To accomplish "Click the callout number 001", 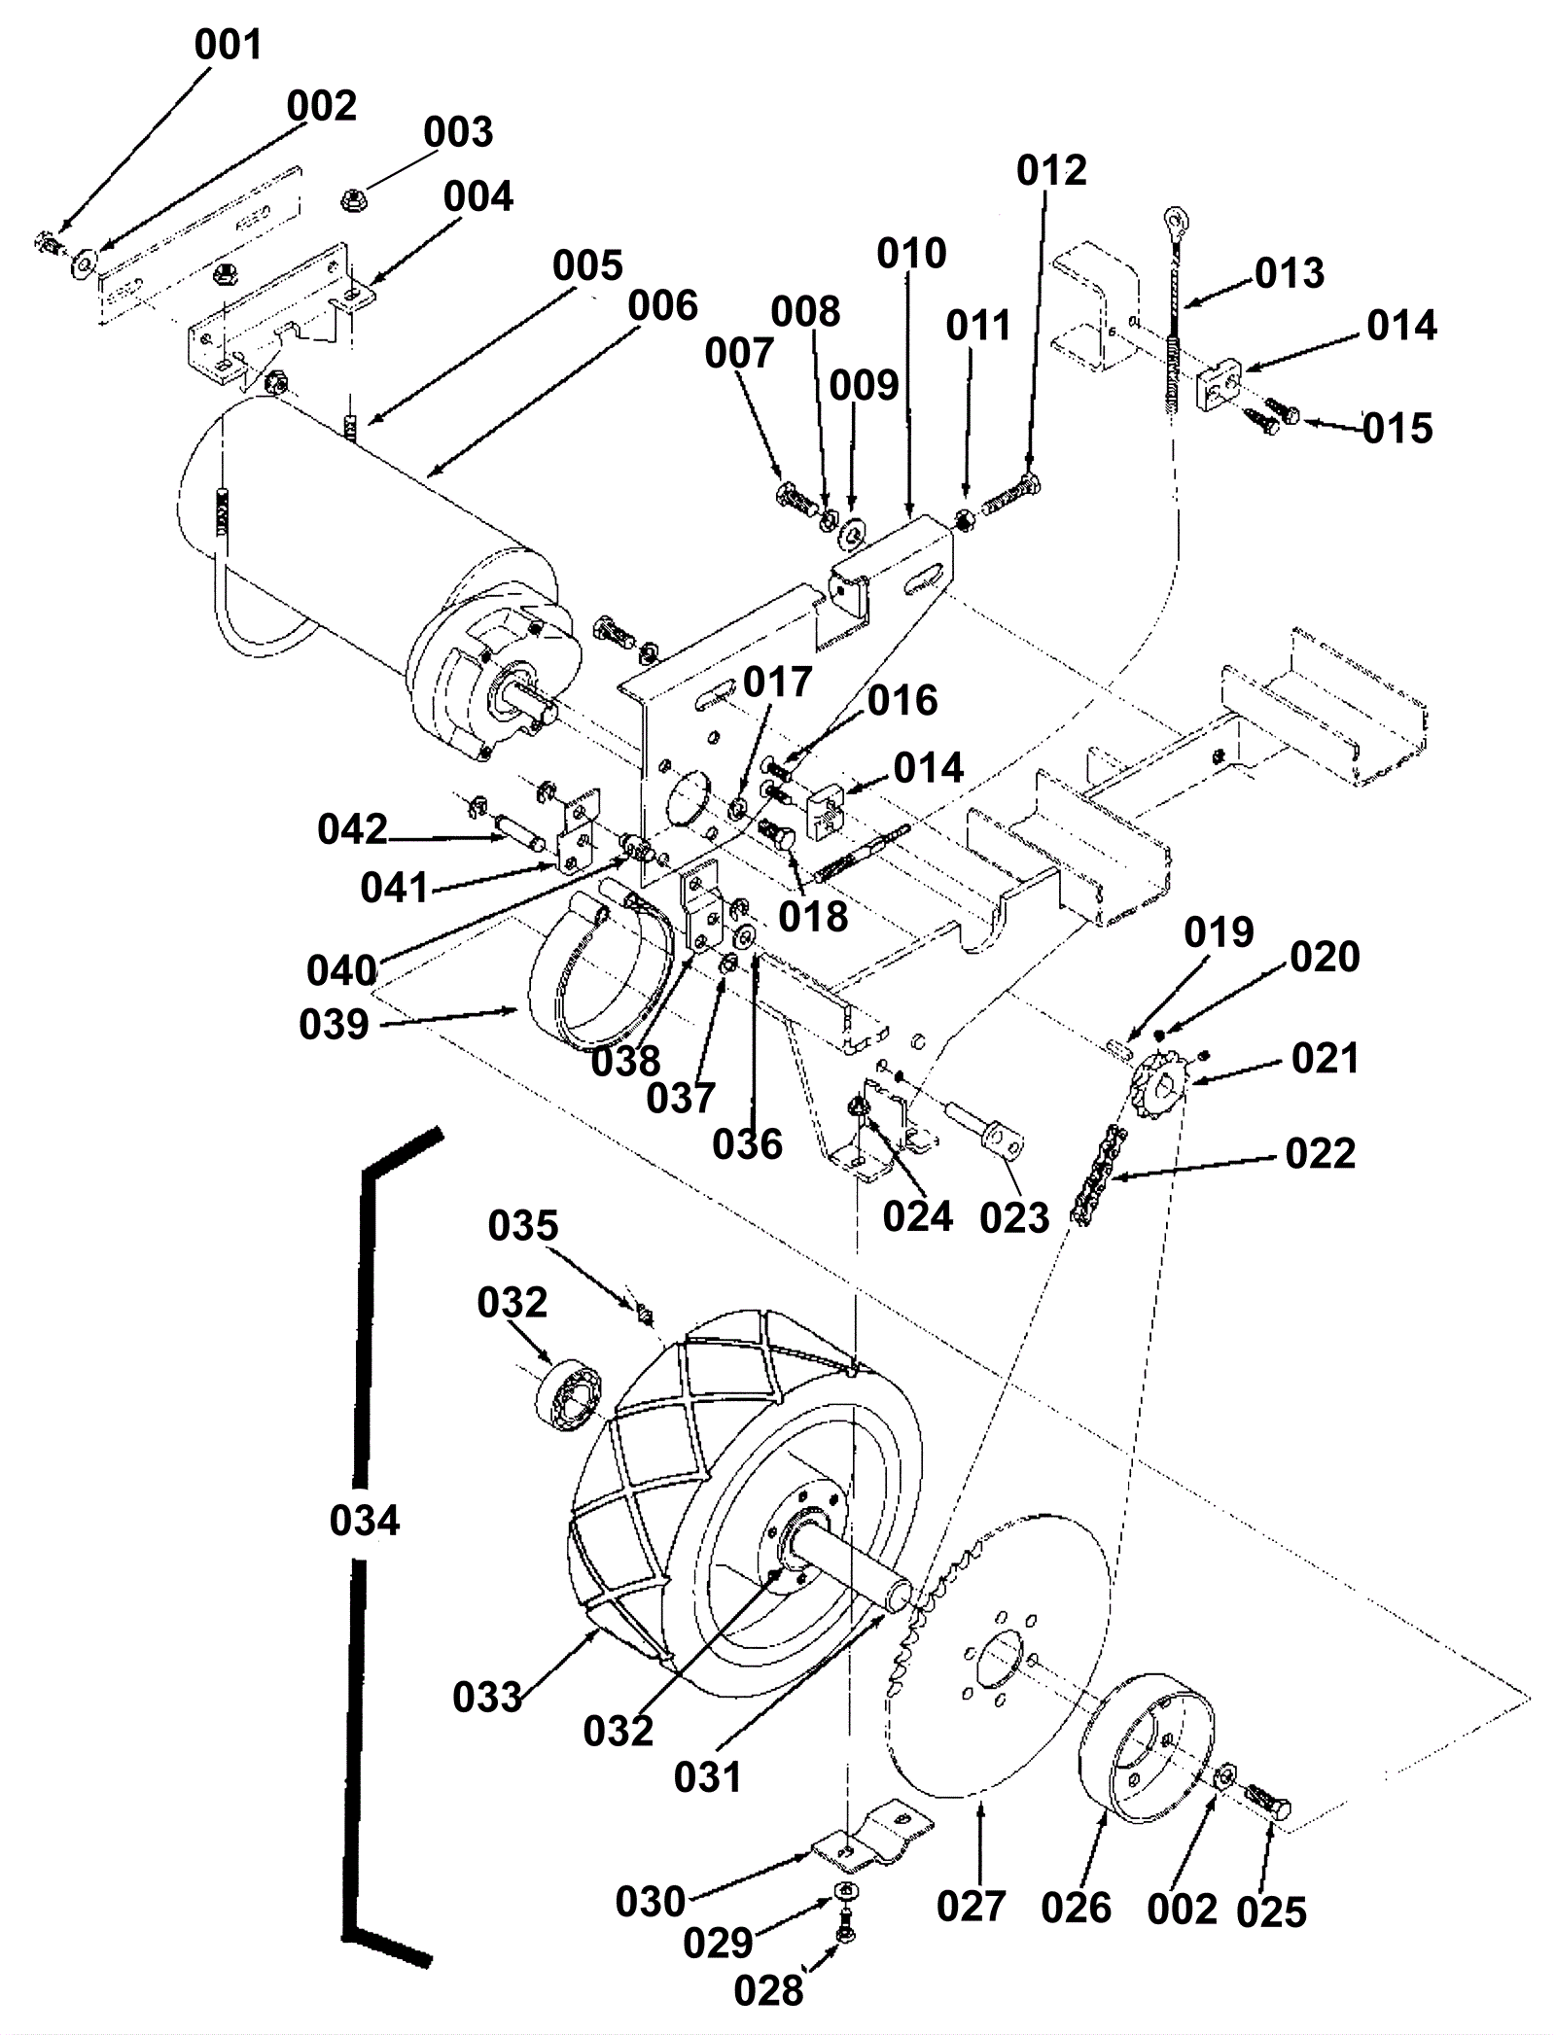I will pos(228,46).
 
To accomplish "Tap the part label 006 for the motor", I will pos(662,306).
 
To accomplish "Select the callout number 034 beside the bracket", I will pos(365,1520).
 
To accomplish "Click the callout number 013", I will pos(1290,274).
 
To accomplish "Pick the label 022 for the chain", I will pos(1320,1154).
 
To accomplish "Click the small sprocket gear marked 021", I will pos(1156,1083).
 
